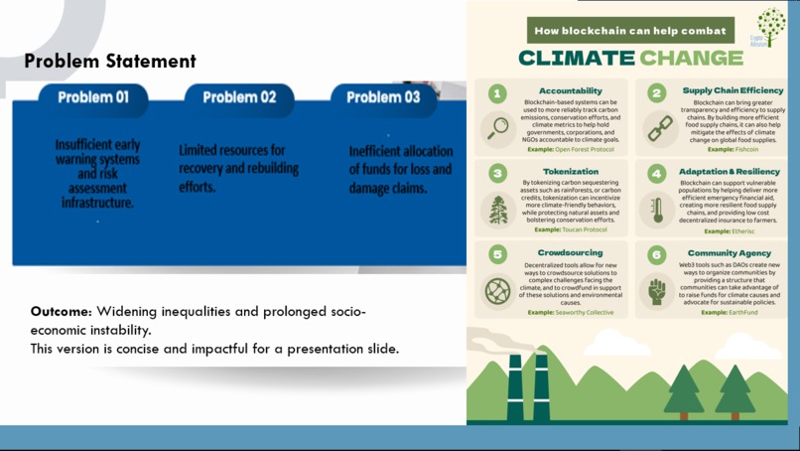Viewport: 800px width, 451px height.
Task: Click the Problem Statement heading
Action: click(110, 62)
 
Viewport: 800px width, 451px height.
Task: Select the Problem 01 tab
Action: click(93, 97)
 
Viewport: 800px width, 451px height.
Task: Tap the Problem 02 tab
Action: click(239, 97)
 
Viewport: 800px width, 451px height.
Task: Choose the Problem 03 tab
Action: click(383, 97)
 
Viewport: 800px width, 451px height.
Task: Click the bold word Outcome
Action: click(61, 312)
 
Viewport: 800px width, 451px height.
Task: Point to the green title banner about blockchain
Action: click(630, 31)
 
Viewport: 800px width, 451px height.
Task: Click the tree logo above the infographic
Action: click(770, 27)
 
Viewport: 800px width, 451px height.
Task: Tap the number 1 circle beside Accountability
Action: click(497, 93)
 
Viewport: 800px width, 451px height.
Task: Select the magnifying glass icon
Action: click(497, 128)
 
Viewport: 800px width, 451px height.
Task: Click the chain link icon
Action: click(659, 128)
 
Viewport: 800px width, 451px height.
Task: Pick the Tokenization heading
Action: click(570, 172)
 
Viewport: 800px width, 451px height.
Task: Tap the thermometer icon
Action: click(657, 210)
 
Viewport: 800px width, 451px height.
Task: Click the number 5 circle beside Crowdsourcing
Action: click(497, 255)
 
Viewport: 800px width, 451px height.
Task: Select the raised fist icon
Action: click(657, 291)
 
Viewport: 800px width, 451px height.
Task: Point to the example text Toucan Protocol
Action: click(581, 229)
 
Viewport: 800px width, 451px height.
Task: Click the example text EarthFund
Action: click(742, 312)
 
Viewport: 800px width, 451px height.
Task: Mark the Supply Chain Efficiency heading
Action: click(733, 90)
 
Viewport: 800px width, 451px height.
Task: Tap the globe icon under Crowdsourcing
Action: click(497, 291)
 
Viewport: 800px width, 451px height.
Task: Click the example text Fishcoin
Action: click(745, 149)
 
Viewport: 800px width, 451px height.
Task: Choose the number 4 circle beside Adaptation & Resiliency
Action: click(657, 174)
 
